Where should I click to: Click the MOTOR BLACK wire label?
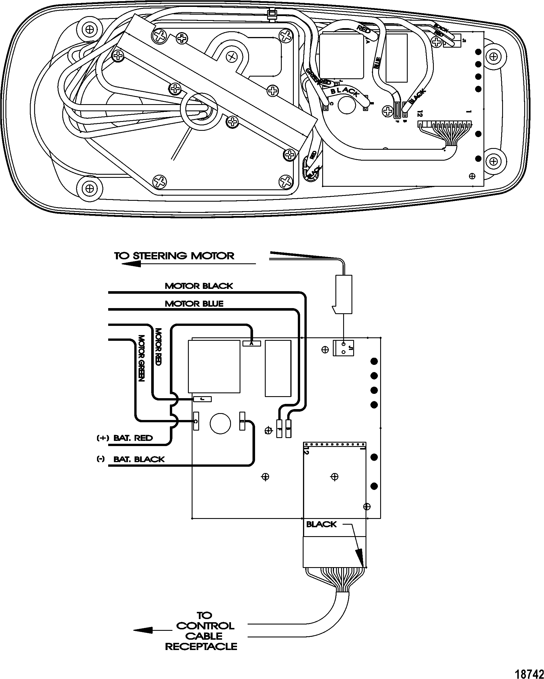[x=199, y=286]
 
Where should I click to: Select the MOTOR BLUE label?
[x=194, y=303]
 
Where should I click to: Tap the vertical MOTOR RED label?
[x=158, y=347]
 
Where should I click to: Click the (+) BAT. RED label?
[x=125, y=438]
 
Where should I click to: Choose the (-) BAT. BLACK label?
[x=131, y=459]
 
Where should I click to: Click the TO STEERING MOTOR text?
[x=174, y=256]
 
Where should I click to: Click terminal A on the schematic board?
[x=252, y=344]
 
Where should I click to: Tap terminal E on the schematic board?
[x=242, y=421]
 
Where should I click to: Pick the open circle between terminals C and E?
[x=220, y=423]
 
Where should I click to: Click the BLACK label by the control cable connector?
[x=321, y=524]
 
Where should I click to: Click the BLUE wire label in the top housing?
[x=377, y=63]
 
